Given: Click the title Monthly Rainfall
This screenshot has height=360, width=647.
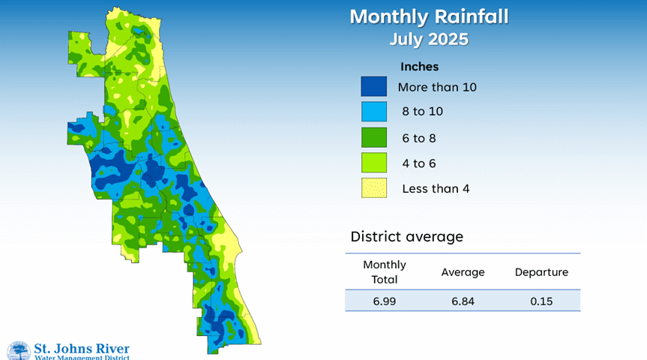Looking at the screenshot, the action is tap(429, 17).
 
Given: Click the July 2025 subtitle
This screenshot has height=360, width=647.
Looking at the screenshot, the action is tap(429, 39).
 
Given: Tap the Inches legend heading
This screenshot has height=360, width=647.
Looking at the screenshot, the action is tap(419, 67).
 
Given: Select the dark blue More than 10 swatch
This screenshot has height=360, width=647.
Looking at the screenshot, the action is tap(374, 86).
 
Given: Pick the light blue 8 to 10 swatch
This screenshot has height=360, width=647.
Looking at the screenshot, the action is tap(374, 112).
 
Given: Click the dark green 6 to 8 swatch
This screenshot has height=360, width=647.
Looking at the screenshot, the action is tap(374, 137).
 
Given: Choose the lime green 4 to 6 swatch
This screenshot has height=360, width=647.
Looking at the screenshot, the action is tap(374, 163).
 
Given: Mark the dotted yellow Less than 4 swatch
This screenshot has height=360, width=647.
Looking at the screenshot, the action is tap(374, 187).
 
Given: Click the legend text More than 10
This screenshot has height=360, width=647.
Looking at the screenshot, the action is tap(437, 87).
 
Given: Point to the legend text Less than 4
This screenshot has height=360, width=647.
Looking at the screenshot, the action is tap(436, 189).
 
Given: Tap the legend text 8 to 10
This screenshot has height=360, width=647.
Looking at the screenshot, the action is tap(423, 112).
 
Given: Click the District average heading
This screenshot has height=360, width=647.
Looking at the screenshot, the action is tap(407, 236).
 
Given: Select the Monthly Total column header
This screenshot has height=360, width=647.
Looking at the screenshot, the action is tap(385, 271).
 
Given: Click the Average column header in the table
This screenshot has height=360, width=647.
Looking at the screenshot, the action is tap(463, 272).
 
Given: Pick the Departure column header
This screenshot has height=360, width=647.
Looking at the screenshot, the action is tap(541, 272).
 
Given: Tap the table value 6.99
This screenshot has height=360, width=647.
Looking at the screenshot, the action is tap(384, 301).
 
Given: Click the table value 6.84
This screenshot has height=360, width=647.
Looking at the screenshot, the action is tap(463, 301).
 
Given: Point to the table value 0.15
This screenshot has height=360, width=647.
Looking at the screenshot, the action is tap(541, 301).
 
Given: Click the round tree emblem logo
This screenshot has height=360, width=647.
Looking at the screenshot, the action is tap(19, 351).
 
